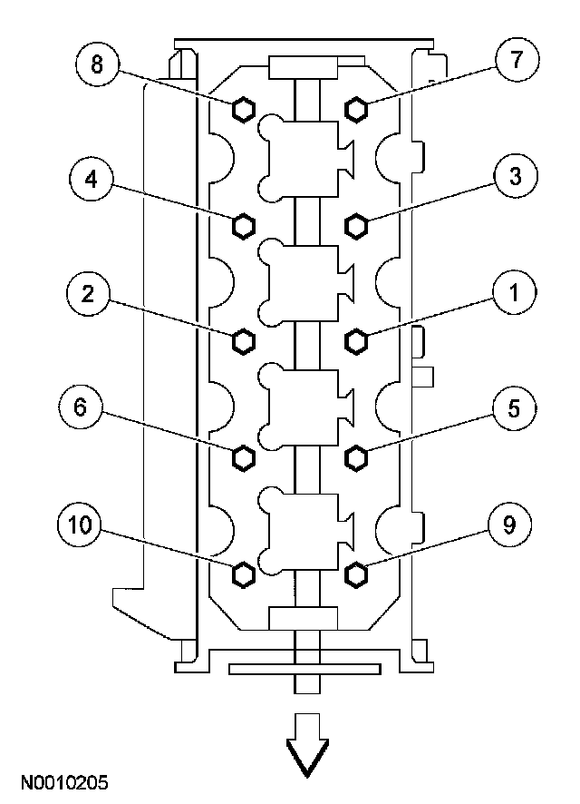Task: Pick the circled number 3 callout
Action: click(x=513, y=178)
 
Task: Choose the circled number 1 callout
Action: click(x=513, y=293)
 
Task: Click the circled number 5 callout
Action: click(x=513, y=408)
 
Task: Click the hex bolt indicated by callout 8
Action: click(x=243, y=109)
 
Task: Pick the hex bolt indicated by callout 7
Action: click(x=356, y=109)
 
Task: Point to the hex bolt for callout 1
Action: click(x=356, y=340)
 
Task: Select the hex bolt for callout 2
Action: click(x=243, y=340)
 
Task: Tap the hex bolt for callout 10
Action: click(x=243, y=574)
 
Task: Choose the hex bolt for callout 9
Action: click(x=356, y=574)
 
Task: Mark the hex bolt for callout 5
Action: click(x=356, y=456)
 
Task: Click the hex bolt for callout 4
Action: click(x=243, y=224)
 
